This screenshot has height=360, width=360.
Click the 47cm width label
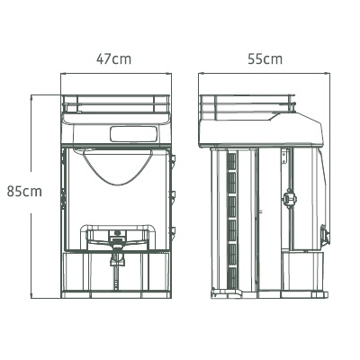click(113, 59)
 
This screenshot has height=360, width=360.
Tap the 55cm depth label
click(265, 59)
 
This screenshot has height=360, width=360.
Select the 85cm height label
click(24, 192)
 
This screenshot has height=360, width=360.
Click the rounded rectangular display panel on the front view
click(133, 134)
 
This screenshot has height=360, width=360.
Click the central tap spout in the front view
click(117, 258)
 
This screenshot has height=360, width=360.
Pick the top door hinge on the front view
click(173, 159)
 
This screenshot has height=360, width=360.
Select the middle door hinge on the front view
click(173, 194)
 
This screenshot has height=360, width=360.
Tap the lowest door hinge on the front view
click(173, 231)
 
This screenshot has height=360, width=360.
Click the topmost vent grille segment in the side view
click(232, 161)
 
